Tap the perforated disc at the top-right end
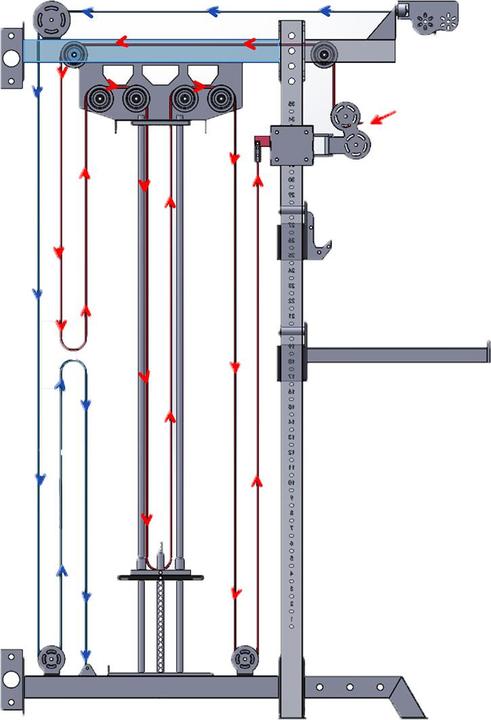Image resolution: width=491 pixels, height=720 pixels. pyautogui.click(x=438, y=17)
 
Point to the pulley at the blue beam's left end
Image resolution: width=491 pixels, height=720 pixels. pyautogui.click(x=71, y=54)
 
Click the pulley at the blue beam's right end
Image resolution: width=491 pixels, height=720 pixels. pyautogui.click(x=323, y=54)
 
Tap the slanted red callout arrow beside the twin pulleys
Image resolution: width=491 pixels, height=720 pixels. pyautogui.click(x=383, y=119)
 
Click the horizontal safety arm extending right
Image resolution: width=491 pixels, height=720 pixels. pyautogui.click(x=400, y=352)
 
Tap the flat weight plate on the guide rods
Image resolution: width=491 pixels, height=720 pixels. pyautogui.click(x=160, y=576)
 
